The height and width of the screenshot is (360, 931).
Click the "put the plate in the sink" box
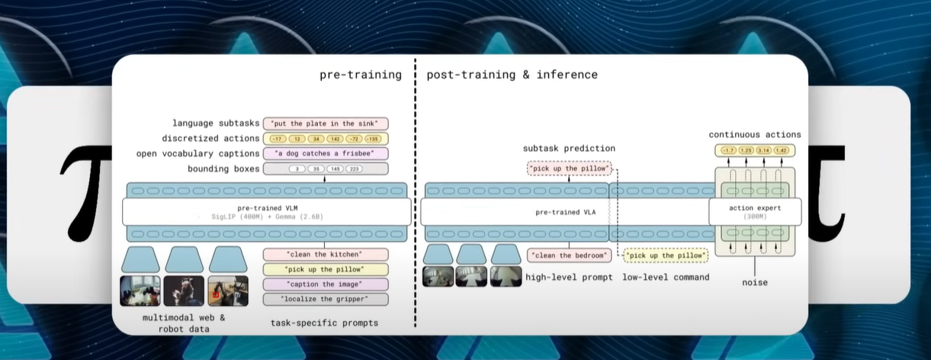click(326, 124)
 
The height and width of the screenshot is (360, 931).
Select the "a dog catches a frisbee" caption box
click(326, 153)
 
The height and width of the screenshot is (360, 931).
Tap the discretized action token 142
click(335, 139)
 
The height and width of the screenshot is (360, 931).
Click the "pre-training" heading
click(361, 75)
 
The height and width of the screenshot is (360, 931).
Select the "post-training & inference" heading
click(512, 75)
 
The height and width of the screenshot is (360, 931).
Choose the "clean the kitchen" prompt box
click(325, 255)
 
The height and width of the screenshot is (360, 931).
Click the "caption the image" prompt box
click(325, 284)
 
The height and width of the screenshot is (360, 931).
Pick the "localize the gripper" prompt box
click(325, 299)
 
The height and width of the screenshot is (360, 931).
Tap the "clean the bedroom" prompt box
click(569, 255)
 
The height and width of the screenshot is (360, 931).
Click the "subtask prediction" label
click(569, 147)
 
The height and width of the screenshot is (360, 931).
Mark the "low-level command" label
click(666, 277)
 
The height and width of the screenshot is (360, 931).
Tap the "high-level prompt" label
click(569, 277)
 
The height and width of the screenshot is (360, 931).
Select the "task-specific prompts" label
click(325, 323)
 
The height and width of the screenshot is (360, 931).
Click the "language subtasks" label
click(214, 124)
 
